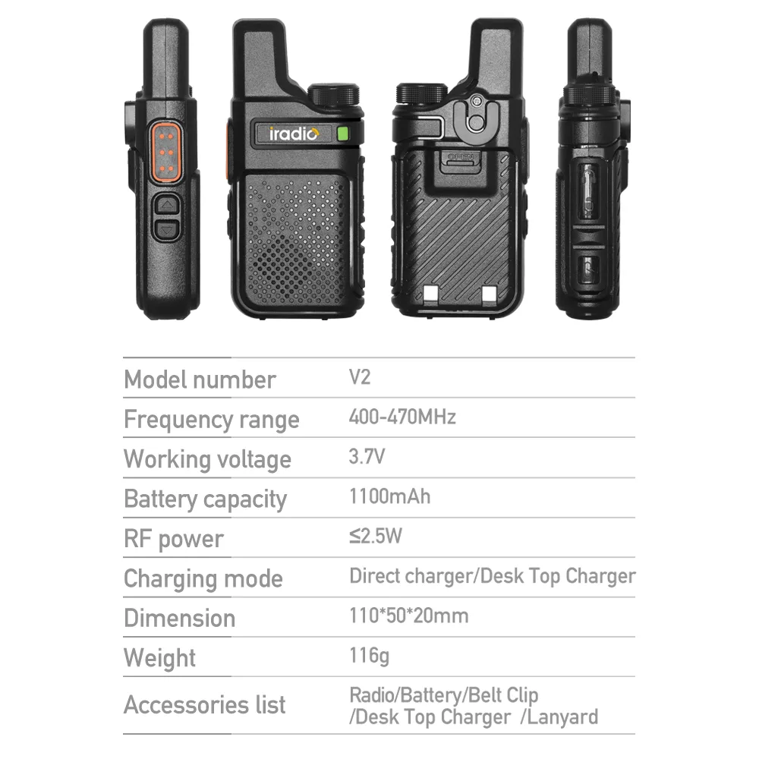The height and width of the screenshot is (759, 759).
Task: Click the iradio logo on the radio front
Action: (x=294, y=134)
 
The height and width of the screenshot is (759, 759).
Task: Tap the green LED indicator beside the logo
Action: (x=343, y=134)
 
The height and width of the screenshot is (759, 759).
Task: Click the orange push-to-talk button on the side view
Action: (x=166, y=152)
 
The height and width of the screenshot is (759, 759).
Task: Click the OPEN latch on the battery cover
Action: (x=461, y=162)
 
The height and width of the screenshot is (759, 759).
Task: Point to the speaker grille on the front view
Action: (x=294, y=241)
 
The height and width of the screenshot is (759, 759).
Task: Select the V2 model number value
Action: (x=360, y=377)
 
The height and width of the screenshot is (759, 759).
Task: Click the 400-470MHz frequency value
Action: (x=402, y=417)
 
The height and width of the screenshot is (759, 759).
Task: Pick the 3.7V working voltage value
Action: (x=367, y=456)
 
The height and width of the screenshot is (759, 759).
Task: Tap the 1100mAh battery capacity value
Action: (x=389, y=496)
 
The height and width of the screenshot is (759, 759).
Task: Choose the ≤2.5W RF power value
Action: (x=376, y=536)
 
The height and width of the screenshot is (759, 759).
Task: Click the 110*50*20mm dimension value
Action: (x=409, y=616)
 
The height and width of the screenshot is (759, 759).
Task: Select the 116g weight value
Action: (x=370, y=656)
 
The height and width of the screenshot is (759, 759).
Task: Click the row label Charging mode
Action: (x=203, y=579)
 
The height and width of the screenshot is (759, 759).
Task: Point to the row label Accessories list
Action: (x=205, y=705)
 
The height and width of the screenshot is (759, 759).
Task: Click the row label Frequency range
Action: (x=212, y=420)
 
